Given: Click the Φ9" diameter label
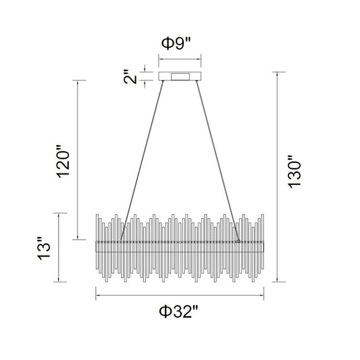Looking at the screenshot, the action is (x=176, y=44).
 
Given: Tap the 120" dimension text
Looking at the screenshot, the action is (x=63, y=161).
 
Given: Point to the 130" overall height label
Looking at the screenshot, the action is (x=294, y=172).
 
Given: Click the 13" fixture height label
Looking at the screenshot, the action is (x=44, y=249).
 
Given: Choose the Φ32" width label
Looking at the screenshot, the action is (x=178, y=311).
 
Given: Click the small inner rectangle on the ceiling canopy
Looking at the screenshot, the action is (x=180, y=77).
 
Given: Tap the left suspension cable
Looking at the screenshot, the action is (x=142, y=161).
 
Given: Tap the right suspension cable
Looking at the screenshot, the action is (x=217, y=161).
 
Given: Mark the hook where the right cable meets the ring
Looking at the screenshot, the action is (x=238, y=240).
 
